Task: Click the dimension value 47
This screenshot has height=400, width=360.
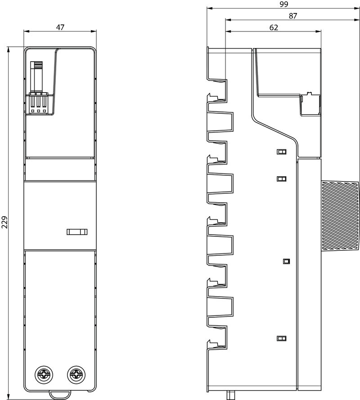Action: pos(60,27)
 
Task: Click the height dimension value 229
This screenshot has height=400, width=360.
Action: pos(4,222)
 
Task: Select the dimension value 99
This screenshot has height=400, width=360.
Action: pos(283,4)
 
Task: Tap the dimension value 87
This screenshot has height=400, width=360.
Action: pos(293,16)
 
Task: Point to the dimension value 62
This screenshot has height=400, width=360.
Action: pos(274,27)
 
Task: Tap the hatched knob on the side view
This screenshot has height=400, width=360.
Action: pos(340,215)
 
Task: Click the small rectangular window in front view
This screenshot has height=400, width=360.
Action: pos(77,231)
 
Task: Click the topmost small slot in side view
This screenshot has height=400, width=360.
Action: pos(281,152)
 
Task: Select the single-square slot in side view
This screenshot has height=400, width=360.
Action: pos(286,261)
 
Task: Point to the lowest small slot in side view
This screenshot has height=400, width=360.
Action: pos(281,338)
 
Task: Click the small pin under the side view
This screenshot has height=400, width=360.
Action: pos(230,395)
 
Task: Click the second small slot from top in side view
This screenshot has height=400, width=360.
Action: pos(281,178)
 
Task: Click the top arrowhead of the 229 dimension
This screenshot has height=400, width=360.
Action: pos(9,49)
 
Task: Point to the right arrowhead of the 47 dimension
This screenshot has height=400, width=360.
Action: pos(94,31)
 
